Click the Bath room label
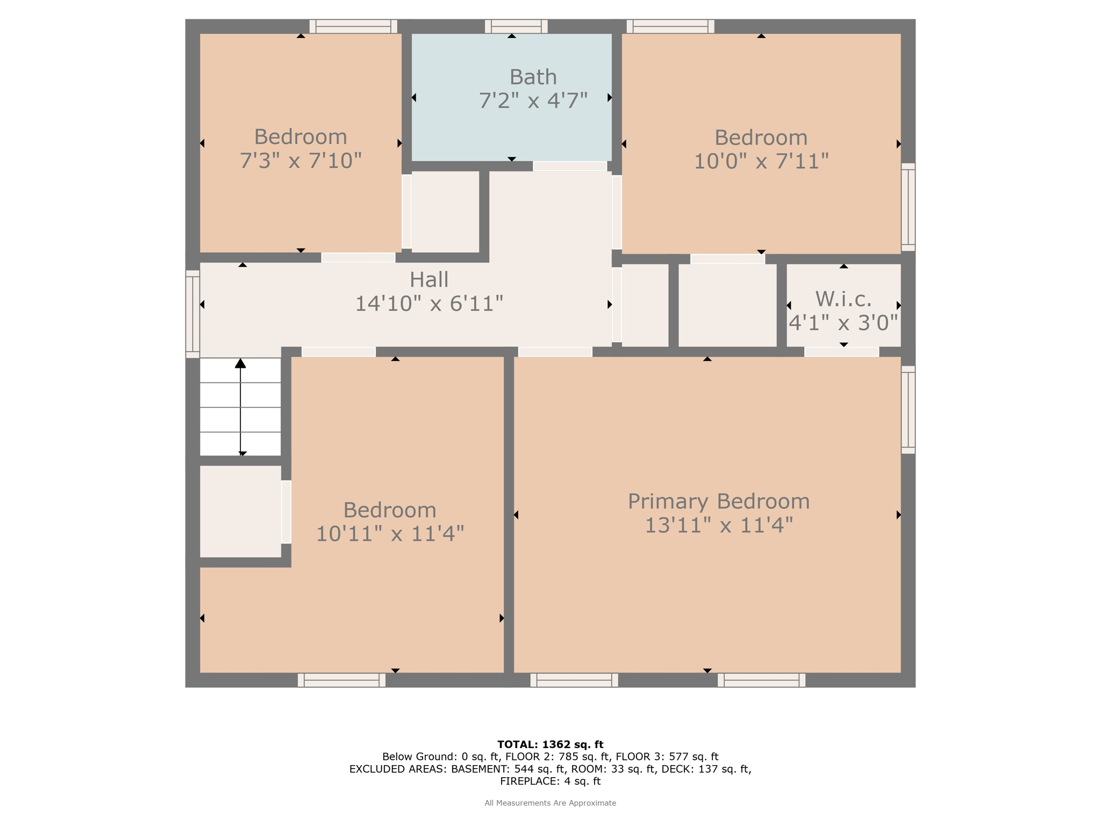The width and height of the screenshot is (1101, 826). pos(533,77)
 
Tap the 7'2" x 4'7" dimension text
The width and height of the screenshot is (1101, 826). pos(533,101)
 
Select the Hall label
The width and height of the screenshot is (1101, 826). pos(429,280)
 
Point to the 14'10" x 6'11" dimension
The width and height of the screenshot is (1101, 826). pos(429,304)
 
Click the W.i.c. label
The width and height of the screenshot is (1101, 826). pos(843,298)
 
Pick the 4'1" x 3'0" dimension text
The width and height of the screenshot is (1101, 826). pos(843,323)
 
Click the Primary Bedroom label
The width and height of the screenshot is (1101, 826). pos(719,501)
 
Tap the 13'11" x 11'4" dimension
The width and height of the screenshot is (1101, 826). pos(719,525)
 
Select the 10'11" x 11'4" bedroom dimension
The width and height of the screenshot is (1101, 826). pos(390,534)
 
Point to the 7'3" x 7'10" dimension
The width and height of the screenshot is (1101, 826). pos(301,161)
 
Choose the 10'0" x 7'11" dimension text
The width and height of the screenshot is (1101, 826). pos(761,161)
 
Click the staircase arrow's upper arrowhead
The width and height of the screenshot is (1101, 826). pos(240,364)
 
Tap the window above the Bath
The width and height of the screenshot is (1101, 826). pos(516,26)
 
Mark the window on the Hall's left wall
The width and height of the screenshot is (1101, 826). pos(192,314)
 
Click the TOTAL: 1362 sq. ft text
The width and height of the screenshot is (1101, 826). pos(550,745)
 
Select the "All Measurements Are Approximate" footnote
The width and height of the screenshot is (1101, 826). pos(550,803)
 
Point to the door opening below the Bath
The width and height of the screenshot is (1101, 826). pos(570,166)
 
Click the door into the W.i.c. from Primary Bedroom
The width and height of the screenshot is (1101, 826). pos(842,352)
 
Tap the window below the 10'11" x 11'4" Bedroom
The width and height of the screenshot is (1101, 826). pos(342,680)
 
